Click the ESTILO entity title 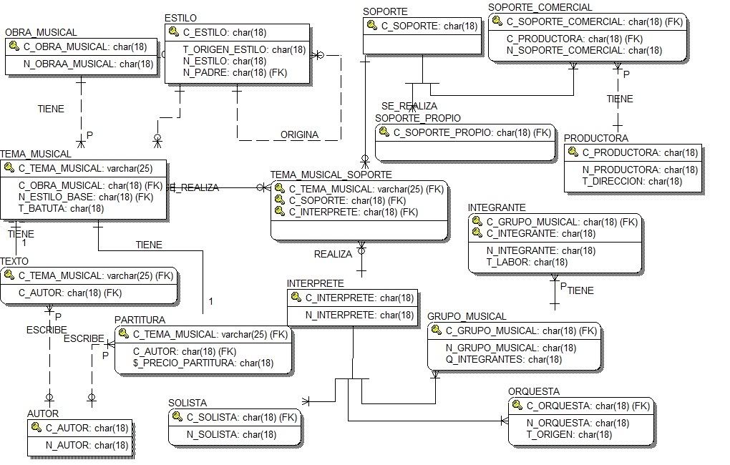click(180, 17)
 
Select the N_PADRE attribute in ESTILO click(235, 72)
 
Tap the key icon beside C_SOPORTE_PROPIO click(384, 132)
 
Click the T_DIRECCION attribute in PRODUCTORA click(632, 181)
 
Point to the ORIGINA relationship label click(299, 134)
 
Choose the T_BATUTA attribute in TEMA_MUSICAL click(61, 208)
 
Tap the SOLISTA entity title click(188, 403)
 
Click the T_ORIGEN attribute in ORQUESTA click(569, 434)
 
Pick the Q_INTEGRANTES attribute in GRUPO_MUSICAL click(504, 359)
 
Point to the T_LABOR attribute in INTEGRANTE click(527, 263)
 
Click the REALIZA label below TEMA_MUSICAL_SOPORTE click(334, 254)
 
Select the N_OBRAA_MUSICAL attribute click(88, 64)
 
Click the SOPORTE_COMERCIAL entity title click(540, 7)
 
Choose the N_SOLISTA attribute click(231, 434)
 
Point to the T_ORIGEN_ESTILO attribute click(244, 49)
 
